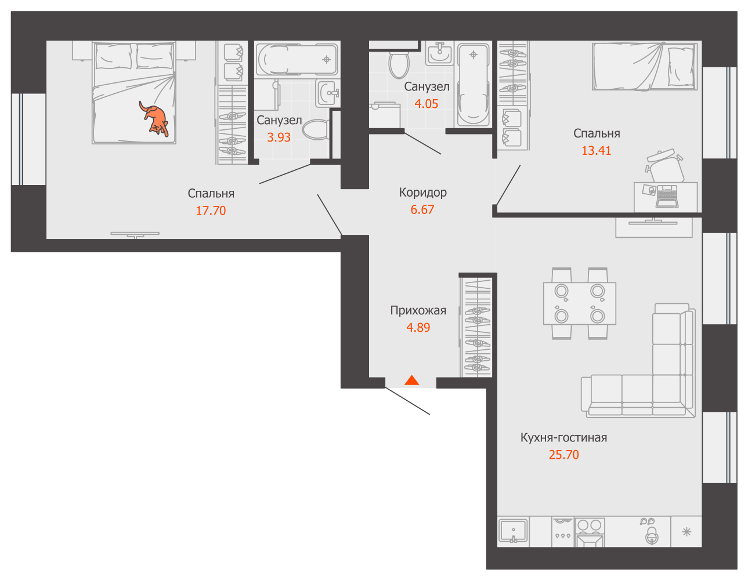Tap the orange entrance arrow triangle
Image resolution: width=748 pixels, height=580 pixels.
[411, 380]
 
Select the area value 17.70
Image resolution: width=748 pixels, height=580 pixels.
[211, 211]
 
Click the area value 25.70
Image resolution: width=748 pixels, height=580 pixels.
[563, 455]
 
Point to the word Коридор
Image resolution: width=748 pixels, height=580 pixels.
[422, 193]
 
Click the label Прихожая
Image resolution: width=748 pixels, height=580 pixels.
[418, 311]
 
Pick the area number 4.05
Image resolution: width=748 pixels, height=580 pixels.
[426, 104]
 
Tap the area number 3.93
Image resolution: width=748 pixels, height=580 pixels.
[279, 137]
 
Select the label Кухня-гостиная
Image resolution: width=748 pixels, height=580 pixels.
[563, 437]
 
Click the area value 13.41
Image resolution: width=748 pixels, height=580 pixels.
[596, 151]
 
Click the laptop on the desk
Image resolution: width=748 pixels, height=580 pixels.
[667, 196]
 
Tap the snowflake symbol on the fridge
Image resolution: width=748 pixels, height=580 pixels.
[686, 532]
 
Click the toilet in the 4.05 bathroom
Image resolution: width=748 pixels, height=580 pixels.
[399, 64]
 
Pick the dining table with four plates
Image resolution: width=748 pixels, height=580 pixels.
[580, 303]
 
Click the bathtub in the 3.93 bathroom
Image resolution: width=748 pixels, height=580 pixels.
[297, 59]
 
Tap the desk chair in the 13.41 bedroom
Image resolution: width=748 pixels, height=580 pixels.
[664, 166]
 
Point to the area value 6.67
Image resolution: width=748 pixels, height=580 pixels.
[422, 209]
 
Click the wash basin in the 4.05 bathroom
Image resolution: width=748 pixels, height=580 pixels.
[440, 54]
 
